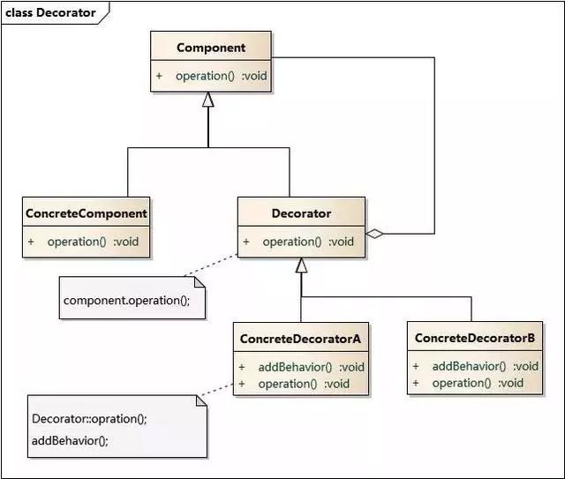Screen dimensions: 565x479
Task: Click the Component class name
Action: coord(211,48)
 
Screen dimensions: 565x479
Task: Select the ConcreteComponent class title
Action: coord(87,213)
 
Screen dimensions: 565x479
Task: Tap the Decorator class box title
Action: coord(301,213)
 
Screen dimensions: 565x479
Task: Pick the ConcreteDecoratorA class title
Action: coord(300,339)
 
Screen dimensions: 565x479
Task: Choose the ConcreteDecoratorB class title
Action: coord(475,338)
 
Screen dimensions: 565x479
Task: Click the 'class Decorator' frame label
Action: coord(50,12)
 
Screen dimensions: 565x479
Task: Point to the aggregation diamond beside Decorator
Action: coord(374,234)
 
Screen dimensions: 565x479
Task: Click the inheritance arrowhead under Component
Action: coord(208,100)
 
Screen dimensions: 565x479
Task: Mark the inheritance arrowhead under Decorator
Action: coord(301,265)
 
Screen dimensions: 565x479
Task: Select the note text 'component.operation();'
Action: coord(126,300)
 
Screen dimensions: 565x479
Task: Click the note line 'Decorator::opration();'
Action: coord(89,419)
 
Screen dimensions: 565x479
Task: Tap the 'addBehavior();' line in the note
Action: coord(70,440)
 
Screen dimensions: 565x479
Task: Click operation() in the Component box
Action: coord(205,76)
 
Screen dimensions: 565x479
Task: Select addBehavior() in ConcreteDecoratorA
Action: coord(295,367)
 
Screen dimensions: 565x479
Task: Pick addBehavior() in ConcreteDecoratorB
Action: coord(469,366)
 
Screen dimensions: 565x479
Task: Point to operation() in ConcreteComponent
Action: coord(77,242)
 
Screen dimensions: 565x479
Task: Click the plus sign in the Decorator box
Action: coord(246,242)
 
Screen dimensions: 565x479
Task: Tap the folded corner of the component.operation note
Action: coord(200,282)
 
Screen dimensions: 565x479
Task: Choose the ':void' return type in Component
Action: coord(254,76)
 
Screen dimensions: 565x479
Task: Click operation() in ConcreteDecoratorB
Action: coord(462,383)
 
